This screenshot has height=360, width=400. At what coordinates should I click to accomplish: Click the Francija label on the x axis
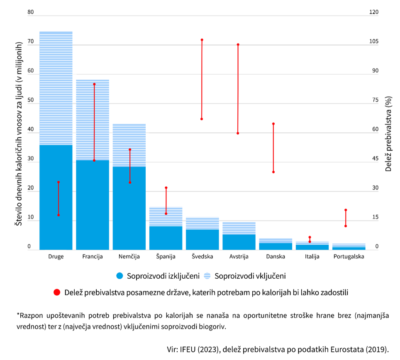click(x=93, y=256)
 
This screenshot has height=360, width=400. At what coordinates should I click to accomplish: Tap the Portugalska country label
click(x=349, y=256)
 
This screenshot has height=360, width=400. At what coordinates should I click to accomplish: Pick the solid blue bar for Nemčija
click(x=129, y=207)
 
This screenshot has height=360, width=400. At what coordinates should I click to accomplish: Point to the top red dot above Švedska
click(x=202, y=40)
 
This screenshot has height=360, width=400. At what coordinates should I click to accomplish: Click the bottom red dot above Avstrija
click(x=238, y=133)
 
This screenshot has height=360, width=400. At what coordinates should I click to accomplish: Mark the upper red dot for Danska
click(x=273, y=124)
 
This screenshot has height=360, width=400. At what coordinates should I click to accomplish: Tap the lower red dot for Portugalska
click(x=345, y=226)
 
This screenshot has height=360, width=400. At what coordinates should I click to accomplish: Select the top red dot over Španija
click(x=166, y=188)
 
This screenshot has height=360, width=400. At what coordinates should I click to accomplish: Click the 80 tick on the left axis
click(x=30, y=12)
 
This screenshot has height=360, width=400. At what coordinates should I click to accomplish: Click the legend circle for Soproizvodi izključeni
click(x=120, y=276)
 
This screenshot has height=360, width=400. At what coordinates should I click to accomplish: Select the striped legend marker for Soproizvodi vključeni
click(x=208, y=276)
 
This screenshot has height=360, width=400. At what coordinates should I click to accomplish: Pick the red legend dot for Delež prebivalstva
click(x=57, y=292)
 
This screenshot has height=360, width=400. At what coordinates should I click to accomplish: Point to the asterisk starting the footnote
click(x=18, y=315)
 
